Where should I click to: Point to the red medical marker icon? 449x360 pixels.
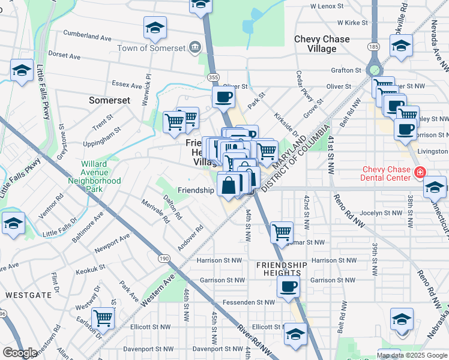tap(421, 173)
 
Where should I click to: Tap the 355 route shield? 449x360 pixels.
tap(212, 77)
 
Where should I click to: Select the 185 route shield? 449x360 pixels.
tap(375, 46)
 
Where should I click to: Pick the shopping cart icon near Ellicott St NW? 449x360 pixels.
tap(104, 318)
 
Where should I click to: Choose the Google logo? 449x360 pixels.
tap(20, 353)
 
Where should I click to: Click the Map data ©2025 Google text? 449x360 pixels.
tap(411, 355)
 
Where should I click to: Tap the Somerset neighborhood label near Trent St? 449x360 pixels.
tap(110, 100)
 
